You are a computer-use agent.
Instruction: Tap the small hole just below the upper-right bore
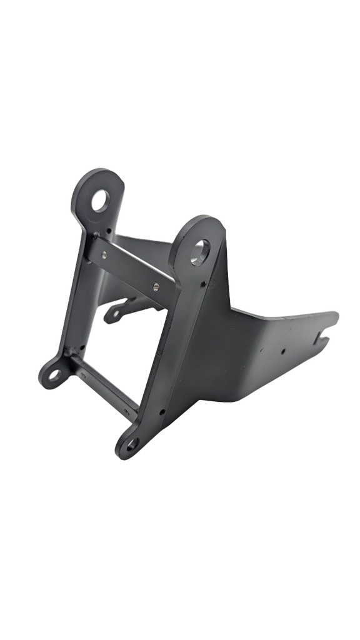tap(204, 284)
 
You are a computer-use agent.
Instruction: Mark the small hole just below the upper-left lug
tap(110, 231)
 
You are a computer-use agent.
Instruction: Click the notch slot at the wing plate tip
tap(327, 334)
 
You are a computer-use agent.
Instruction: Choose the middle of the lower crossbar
tap(103, 384)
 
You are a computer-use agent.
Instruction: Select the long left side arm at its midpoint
tap(78, 294)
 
